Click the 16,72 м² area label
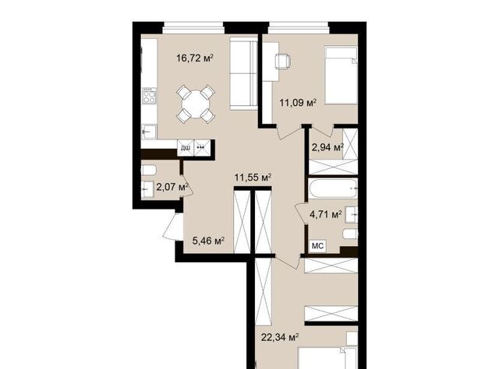(195, 58)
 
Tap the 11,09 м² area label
(298, 103)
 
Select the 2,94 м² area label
(327, 147)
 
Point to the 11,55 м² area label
(253, 177)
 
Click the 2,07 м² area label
(172, 187)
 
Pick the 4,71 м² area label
(326, 215)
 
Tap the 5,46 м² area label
(209, 241)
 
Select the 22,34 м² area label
(280, 337)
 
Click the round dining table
(196, 104)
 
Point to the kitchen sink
(149, 132)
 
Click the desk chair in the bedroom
(282, 61)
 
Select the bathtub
(333, 188)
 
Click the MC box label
(317, 246)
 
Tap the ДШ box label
(186, 148)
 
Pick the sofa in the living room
(243, 74)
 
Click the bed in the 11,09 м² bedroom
(341, 75)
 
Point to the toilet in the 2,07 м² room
(149, 170)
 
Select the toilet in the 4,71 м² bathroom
(350, 234)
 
